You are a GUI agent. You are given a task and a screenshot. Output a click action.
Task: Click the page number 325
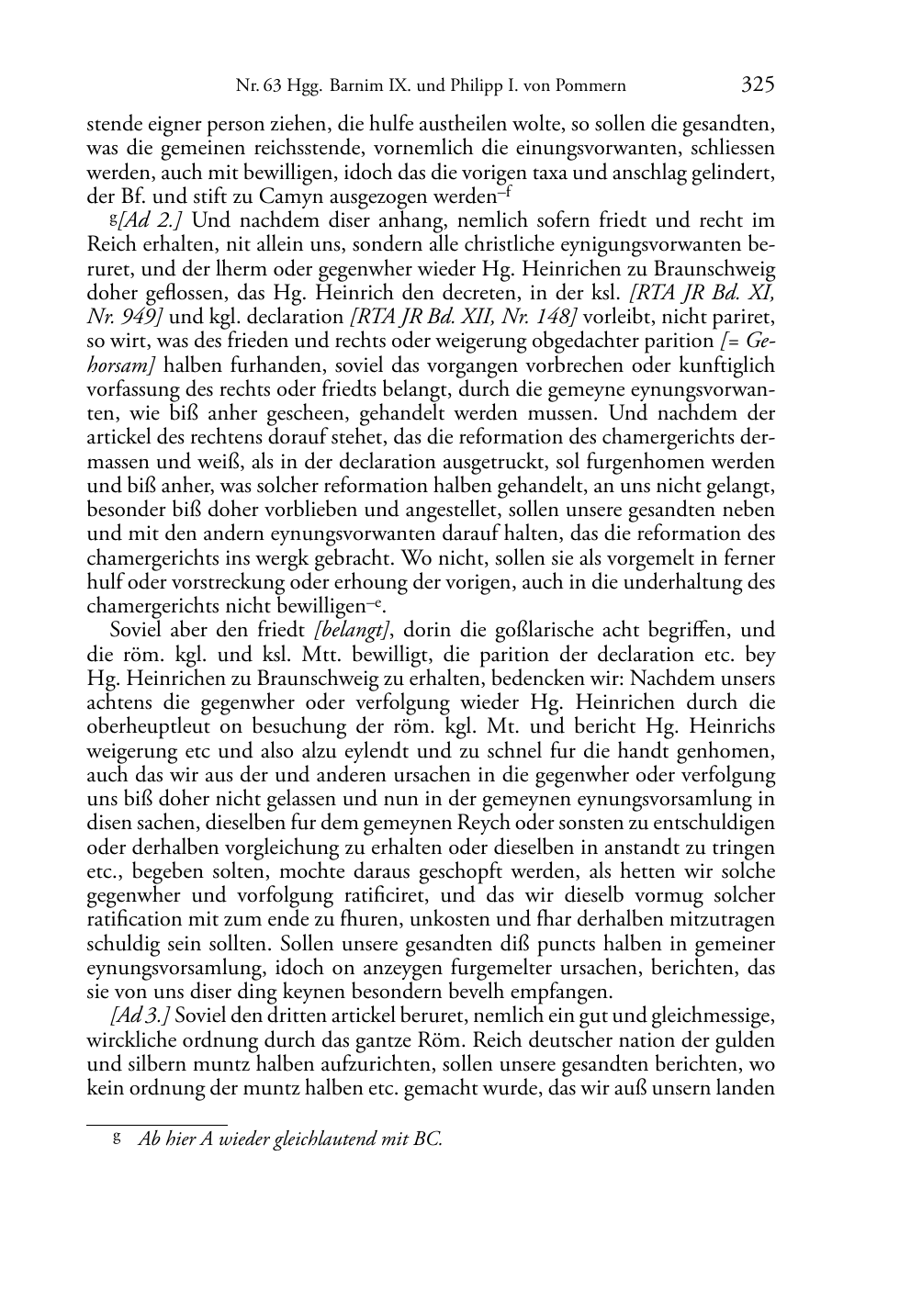(758, 85)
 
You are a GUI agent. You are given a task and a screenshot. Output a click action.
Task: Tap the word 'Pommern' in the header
(590, 87)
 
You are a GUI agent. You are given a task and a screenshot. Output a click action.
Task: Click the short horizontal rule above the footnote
(156, 1124)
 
